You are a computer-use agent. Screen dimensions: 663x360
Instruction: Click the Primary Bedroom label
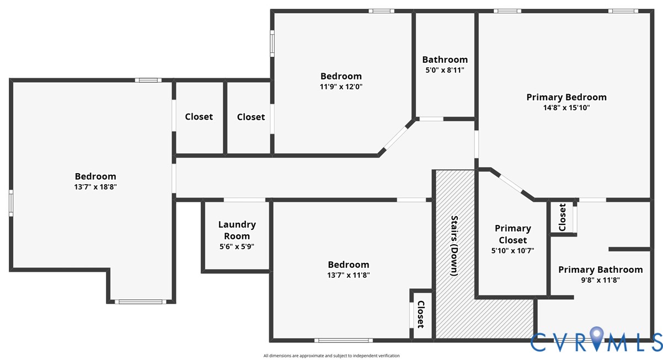click(566, 98)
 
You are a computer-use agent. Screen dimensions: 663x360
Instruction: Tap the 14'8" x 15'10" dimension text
click(566, 108)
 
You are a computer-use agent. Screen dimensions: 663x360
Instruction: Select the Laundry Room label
click(237, 230)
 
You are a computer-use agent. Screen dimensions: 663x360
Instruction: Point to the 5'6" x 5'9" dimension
click(237, 246)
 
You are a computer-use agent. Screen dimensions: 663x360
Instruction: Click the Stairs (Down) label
click(455, 246)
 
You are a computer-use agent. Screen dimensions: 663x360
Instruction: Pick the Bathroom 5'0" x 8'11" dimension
click(445, 70)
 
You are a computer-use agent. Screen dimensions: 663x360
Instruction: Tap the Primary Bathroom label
click(600, 270)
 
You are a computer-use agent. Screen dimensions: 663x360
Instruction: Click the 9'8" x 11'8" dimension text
click(600, 280)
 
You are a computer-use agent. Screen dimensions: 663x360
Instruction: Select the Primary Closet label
click(512, 234)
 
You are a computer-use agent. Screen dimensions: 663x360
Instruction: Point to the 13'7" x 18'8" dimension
click(95, 187)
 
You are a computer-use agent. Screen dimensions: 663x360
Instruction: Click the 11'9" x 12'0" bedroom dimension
click(341, 87)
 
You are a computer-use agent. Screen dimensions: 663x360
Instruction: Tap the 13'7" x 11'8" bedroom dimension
click(349, 275)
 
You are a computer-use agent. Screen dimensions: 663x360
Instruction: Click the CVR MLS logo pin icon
click(596, 337)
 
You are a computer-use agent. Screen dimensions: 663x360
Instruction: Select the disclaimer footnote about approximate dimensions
click(331, 356)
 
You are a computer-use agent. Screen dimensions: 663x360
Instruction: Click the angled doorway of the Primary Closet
click(511, 184)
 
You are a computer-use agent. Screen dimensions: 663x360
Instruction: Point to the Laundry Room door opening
click(244, 200)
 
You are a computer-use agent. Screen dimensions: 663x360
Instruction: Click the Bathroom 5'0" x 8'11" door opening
click(431, 119)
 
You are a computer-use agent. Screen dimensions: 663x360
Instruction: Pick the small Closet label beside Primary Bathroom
click(562, 217)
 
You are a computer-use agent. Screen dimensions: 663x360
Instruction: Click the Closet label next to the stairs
click(421, 314)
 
